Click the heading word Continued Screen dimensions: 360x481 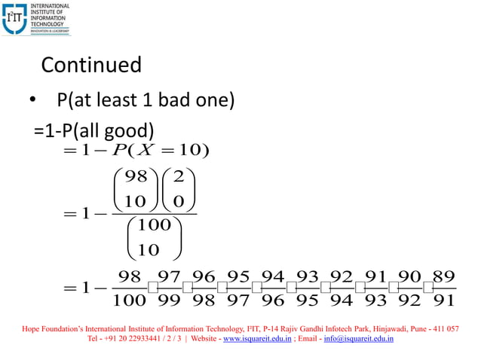(90, 65)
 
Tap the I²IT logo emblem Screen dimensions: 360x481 (15, 18)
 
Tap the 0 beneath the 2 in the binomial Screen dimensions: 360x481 (178, 201)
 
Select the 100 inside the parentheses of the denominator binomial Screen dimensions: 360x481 (155, 224)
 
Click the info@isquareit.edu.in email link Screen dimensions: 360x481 (360, 340)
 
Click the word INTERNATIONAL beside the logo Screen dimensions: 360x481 (50, 6)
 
